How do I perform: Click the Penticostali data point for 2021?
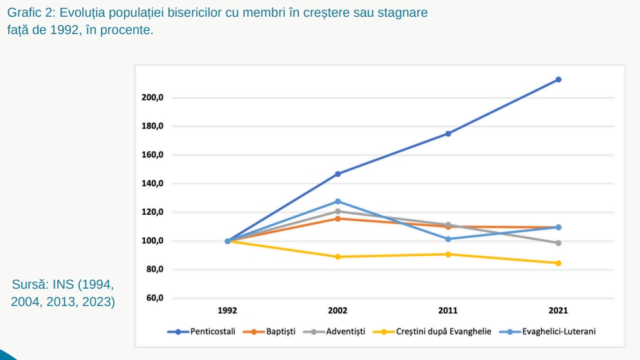pyautogui.click(x=558, y=80)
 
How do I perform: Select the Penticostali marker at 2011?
pyautogui.click(x=448, y=134)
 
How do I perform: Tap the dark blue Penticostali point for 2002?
pyautogui.click(x=338, y=174)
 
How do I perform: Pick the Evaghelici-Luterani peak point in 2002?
pyautogui.click(x=338, y=201)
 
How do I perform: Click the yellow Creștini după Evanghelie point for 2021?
pyautogui.click(x=558, y=263)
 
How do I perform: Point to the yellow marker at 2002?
pyautogui.click(x=338, y=256)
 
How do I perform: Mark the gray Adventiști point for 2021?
pyautogui.click(x=558, y=243)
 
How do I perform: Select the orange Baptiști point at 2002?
pyautogui.click(x=338, y=219)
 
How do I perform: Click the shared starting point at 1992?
pyautogui.click(x=228, y=241)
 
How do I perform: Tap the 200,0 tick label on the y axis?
pyautogui.click(x=152, y=98)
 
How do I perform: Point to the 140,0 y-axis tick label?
pyautogui.click(x=152, y=184)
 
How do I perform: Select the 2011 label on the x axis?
pyautogui.click(x=448, y=310)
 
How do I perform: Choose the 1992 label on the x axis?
pyautogui.click(x=228, y=310)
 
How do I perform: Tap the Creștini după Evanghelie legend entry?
pyautogui.click(x=443, y=332)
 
